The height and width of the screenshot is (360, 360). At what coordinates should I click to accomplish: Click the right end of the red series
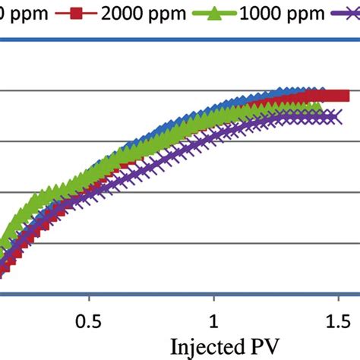click(343, 96)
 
